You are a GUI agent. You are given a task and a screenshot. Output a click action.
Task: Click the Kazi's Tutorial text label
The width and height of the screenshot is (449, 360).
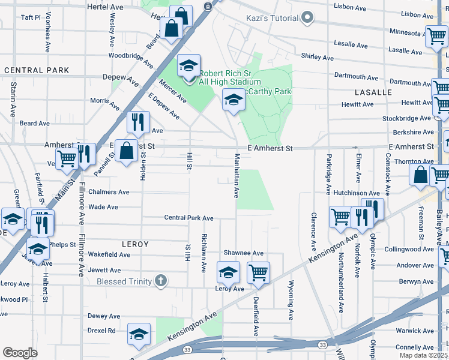[272, 18]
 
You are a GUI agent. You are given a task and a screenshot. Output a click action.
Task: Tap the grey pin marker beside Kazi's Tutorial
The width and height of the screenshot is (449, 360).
[308, 17]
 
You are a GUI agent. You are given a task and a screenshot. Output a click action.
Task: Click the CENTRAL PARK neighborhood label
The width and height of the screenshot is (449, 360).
[37, 70]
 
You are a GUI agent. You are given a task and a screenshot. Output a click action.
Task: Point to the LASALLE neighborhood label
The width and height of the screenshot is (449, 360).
[373, 92]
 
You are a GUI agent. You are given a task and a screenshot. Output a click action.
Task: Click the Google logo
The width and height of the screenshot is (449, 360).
[20, 353]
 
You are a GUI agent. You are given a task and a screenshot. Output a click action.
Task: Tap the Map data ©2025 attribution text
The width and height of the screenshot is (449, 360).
[424, 355]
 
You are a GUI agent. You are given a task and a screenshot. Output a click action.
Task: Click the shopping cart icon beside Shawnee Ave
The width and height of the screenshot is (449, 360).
[258, 272]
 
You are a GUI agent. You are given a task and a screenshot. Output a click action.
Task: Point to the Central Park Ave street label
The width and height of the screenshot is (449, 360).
[189, 218]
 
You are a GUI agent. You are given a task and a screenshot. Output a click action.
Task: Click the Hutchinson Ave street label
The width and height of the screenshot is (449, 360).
[357, 193]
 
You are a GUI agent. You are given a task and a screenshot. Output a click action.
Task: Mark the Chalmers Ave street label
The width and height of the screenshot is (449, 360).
[109, 193]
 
